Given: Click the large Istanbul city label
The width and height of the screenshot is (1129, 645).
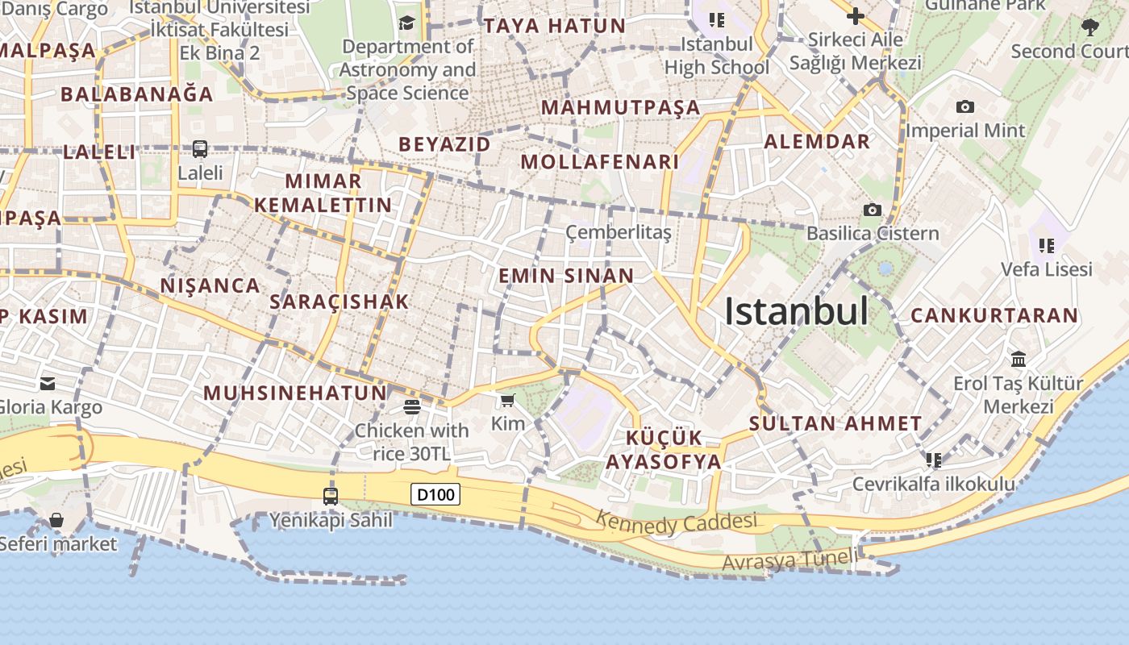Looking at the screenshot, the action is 796,312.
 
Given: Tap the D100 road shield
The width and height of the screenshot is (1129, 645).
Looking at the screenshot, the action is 435,494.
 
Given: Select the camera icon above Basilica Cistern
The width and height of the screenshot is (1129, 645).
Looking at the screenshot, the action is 872,210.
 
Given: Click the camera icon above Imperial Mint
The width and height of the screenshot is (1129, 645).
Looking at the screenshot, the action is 964,107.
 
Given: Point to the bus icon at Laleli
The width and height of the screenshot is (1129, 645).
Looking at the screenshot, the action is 199,149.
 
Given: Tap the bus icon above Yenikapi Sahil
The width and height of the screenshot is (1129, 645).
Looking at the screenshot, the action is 331,496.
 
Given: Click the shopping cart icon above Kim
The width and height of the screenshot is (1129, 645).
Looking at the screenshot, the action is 507,401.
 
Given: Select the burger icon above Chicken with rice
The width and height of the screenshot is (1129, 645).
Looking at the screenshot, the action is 411,406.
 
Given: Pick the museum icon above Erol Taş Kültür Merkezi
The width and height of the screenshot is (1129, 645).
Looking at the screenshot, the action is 1019,359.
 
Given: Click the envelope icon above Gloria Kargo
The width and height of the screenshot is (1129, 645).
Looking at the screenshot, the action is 48,383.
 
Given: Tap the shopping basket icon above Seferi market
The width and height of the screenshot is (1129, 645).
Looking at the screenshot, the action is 56,520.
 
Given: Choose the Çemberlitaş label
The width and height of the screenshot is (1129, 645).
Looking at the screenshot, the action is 618,233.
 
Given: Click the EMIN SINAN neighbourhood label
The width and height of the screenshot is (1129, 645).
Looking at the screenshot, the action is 566,276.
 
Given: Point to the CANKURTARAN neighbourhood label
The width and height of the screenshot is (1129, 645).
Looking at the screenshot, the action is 994,315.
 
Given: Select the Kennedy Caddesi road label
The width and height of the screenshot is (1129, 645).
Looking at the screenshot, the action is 677,522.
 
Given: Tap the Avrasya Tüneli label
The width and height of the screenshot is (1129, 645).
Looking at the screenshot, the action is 789,560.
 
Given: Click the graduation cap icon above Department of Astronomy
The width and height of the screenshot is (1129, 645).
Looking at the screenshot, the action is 406,23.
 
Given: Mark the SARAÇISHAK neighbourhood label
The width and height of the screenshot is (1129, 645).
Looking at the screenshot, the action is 340,302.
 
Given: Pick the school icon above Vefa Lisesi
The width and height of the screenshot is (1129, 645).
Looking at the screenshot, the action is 1047,245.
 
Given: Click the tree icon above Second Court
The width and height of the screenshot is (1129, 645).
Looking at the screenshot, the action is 1089,27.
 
